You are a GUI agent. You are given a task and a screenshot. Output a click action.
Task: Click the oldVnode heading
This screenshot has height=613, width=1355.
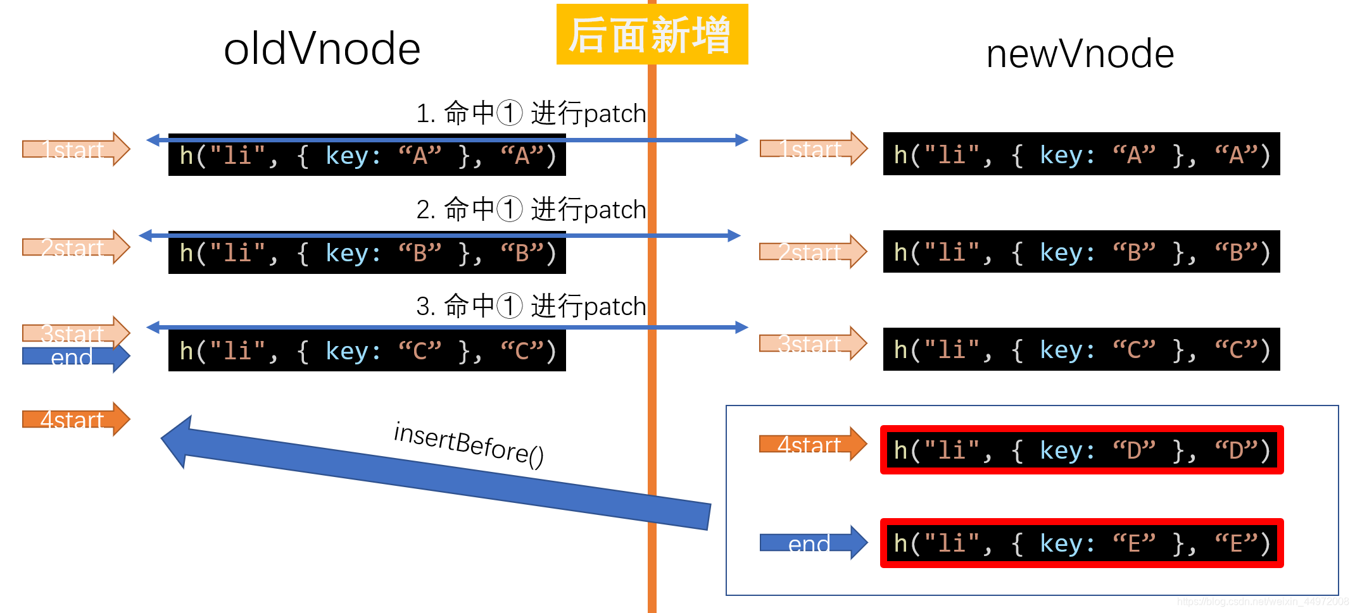tap(322, 49)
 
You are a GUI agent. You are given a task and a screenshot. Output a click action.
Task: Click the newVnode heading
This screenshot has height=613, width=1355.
tap(1080, 54)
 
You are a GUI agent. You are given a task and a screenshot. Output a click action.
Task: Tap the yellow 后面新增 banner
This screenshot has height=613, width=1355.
tap(652, 35)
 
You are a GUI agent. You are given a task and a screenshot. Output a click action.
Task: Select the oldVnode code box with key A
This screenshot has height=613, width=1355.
tap(367, 156)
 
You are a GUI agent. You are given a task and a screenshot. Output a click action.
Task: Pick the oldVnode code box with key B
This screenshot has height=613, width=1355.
tap(367, 254)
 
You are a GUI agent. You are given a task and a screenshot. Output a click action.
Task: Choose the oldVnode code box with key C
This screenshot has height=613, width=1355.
tap(367, 351)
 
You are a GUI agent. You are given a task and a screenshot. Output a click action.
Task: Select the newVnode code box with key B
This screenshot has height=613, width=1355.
tap(1081, 252)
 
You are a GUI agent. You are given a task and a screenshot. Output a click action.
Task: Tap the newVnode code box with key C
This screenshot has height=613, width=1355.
tap(1081, 350)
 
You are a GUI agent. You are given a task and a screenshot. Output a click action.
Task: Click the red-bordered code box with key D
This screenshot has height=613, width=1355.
tap(1081, 450)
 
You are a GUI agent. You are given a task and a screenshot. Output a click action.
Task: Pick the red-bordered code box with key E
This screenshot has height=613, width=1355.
tap(1081, 543)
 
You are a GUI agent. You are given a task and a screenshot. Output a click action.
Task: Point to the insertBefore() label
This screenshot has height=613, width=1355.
tap(469, 444)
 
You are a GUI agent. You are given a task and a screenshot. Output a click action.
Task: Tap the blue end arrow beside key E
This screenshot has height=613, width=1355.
tap(812, 543)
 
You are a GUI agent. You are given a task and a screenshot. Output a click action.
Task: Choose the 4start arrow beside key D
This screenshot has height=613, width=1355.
tap(812, 445)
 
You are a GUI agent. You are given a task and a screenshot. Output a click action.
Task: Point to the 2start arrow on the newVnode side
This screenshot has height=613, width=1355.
tap(812, 252)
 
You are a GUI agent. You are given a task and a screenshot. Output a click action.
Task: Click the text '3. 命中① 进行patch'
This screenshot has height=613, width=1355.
tap(531, 306)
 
